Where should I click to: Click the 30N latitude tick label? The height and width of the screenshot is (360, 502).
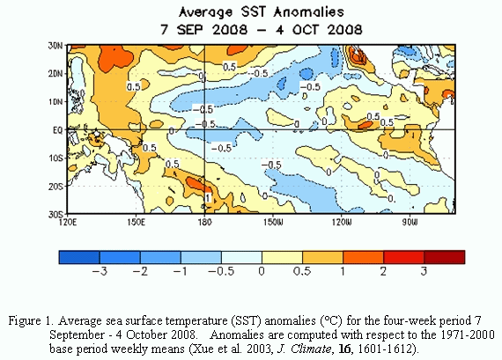tap(55, 46)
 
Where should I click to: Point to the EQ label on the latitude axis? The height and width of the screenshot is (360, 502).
tap(57, 130)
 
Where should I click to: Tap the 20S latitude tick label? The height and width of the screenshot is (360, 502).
tap(55, 187)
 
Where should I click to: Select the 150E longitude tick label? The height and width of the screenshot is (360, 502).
tap(136, 222)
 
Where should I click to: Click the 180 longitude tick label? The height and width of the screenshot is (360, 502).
tap(205, 222)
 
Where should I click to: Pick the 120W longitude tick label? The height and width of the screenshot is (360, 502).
tap(342, 222)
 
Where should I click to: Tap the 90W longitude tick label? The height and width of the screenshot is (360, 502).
tap(410, 222)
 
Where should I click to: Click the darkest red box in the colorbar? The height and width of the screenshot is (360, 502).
tap(445, 257)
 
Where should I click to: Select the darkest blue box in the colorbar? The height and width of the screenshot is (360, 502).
tap(79, 257)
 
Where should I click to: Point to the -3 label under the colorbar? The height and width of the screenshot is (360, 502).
tap(100, 271)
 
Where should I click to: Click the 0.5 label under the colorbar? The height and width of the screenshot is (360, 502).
tap(302, 271)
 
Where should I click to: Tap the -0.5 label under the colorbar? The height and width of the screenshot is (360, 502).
tap(221, 271)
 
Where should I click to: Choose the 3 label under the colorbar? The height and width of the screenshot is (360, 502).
tap(424, 271)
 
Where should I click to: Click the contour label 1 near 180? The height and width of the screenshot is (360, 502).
tap(208, 198)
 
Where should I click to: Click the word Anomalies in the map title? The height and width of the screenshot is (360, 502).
tap(309, 12)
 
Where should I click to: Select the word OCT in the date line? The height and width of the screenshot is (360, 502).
tap(306, 30)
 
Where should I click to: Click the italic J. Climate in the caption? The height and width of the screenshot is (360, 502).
tap(304, 349)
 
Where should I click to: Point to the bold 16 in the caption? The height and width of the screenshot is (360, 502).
tap(343, 349)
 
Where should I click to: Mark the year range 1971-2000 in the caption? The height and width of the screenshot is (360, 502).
tap(468, 334)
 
